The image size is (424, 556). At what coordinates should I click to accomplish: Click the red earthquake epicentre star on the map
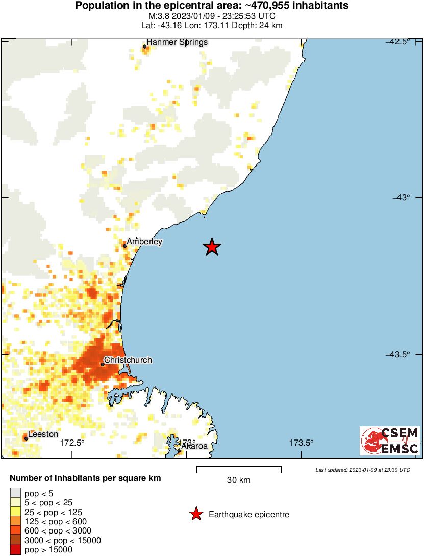point(212,247)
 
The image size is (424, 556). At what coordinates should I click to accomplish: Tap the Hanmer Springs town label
point(177,42)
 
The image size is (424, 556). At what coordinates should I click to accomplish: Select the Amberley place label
point(145,241)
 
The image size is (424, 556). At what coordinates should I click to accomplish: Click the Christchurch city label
point(128,360)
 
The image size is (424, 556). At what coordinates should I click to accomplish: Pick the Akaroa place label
point(195,446)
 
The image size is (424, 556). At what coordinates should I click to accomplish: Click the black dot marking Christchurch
point(103,364)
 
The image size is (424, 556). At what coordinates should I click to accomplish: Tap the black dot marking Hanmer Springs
point(145,47)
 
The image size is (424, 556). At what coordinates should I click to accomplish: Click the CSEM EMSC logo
point(390,441)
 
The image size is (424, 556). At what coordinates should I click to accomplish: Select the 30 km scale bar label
point(238,480)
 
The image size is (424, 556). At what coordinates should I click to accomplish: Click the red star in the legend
point(195,514)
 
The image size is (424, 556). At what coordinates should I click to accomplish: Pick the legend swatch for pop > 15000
point(16,550)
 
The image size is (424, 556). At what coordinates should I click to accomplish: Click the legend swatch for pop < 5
point(16,493)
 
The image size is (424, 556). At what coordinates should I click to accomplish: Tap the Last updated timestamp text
point(362,470)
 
